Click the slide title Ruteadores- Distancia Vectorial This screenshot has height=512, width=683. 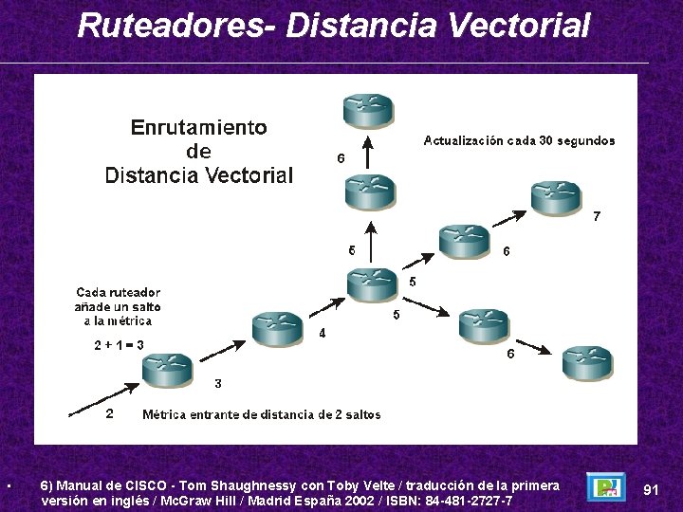pyautogui.click(x=333, y=25)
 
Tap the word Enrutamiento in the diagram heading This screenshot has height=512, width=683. pyautogui.click(x=198, y=127)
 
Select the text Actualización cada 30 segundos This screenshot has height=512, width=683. pyautogui.click(x=518, y=140)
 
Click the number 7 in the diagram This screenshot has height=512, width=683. pyautogui.click(x=596, y=216)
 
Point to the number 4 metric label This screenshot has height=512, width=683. pyautogui.click(x=323, y=333)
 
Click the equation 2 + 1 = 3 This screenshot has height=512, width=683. pyautogui.click(x=119, y=345)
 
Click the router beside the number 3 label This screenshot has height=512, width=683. pyautogui.click(x=167, y=369)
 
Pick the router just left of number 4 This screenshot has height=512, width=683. pyautogui.click(x=277, y=327)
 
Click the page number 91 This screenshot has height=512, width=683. pyautogui.click(x=651, y=489)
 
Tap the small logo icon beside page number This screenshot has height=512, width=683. pyautogui.click(x=605, y=487)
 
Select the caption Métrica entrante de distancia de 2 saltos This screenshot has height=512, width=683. pyautogui.click(x=261, y=414)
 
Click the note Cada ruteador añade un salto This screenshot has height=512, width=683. pyautogui.click(x=118, y=306)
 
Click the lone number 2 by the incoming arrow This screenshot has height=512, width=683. pyautogui.click(x=109, y=413)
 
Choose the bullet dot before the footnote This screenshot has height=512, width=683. pyautogui.click(x=8, y=487)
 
